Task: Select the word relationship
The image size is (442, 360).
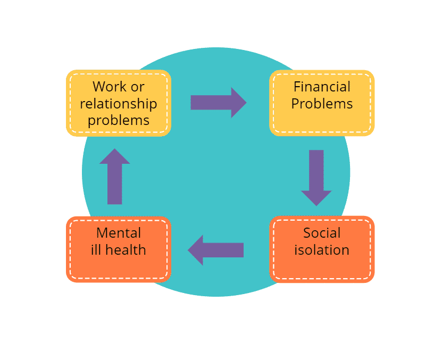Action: [119, 103]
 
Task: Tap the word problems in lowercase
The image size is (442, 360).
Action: [119, 120]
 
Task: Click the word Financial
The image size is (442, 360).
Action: [322, 86]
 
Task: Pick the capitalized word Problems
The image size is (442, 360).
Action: [322, 103]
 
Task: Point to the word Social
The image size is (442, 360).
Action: [322, 232]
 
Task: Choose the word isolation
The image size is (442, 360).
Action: [322, 249]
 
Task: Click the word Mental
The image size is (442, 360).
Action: [119, 232]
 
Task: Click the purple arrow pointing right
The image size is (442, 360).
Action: [218, 102]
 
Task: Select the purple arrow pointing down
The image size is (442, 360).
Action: [316, 178]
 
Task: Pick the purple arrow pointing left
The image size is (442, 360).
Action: [215, 249]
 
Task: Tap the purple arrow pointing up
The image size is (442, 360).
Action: [114, 176]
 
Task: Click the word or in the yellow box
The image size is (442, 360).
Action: [137, 86]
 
